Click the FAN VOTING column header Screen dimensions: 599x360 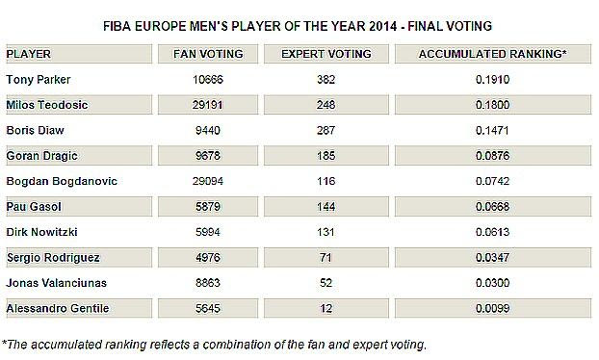(208, 54)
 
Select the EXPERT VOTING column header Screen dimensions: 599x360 (326, 54)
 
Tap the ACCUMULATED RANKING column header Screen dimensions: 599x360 (493, 54)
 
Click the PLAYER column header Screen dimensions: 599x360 (29, 54)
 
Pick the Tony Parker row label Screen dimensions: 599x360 (39, 79)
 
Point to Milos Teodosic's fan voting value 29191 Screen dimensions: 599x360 (207, 105)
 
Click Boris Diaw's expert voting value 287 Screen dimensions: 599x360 (326, 130)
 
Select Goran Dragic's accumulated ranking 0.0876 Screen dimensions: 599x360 (493, 156)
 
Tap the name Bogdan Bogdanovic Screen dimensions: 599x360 (62, 181)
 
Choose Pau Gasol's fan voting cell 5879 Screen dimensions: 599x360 (208, 207)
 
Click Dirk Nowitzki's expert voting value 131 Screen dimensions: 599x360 (326, 232)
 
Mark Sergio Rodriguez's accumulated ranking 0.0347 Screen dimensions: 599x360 (493, 257)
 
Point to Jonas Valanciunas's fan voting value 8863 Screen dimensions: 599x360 (208, 283)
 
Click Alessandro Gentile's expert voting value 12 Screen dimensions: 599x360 (326, 308)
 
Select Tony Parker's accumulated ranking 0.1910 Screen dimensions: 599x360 (493, 79)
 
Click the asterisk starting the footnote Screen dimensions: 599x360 (4, 343)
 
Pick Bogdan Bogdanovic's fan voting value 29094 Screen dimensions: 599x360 (207, 181)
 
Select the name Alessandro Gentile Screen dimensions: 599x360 (58, 308)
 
